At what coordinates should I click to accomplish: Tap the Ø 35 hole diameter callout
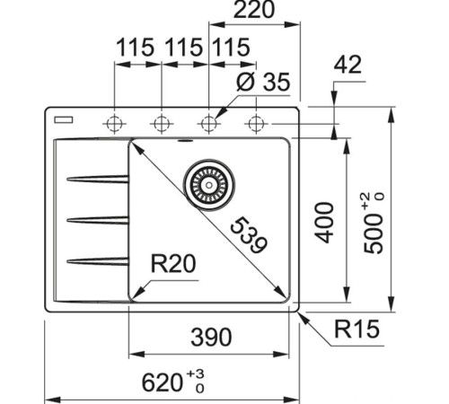click(262, 83)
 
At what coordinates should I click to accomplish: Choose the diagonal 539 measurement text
click(247, 235)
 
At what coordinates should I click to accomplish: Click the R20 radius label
click(173, 263)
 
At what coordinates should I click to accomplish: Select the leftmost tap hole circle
click(114, 122)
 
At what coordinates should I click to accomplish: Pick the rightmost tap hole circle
click(257, 122)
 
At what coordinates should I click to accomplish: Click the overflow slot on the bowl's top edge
click(186, 141)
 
